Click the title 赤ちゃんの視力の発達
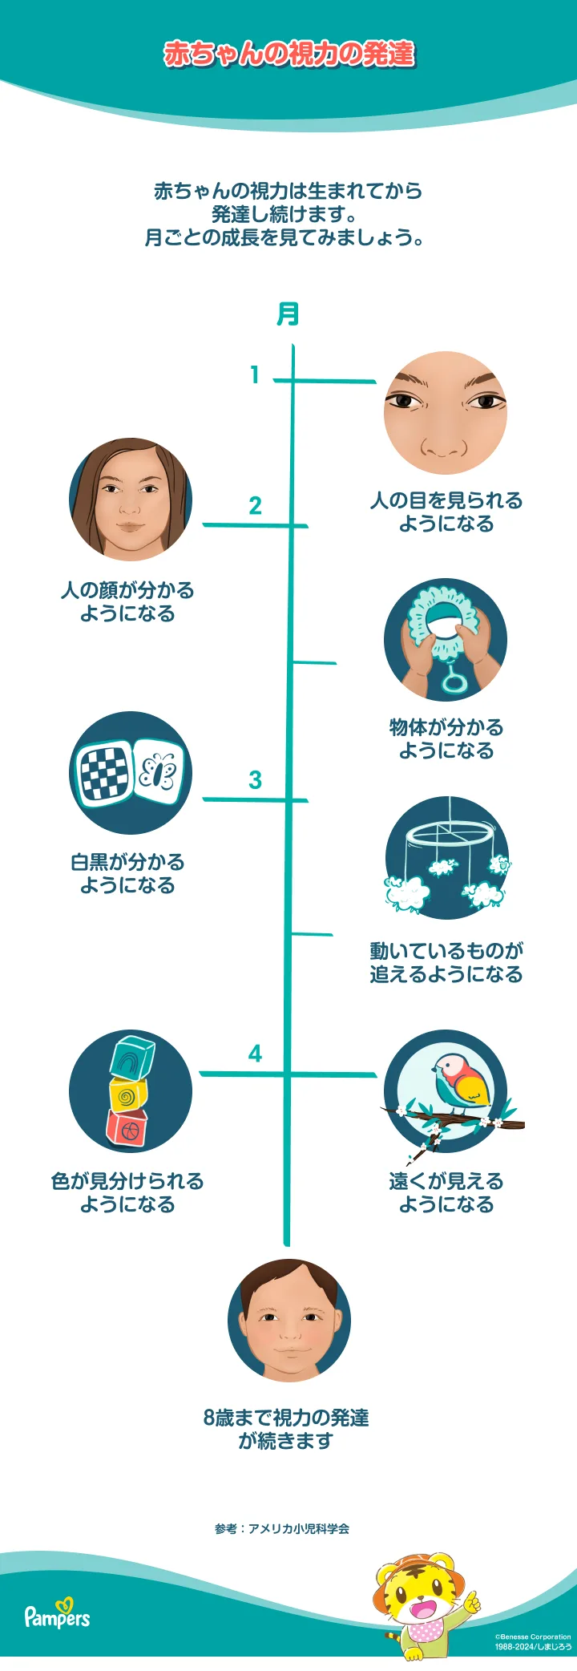[288, 54]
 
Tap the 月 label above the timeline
[288, 314]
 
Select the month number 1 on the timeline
[255, 374]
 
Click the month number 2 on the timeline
[255, 506]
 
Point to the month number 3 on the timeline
[255, 779]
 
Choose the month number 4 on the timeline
[255, 1053]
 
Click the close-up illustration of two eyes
[445, 412]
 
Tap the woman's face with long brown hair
[130, 499]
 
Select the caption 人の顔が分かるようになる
[127, 602]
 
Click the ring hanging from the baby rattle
[454, 682]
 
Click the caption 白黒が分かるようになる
[127, 874]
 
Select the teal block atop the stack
[132, 1057]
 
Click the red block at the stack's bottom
[127, 1129]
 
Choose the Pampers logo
[57, 1616]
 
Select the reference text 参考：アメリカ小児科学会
[282, 1529]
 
